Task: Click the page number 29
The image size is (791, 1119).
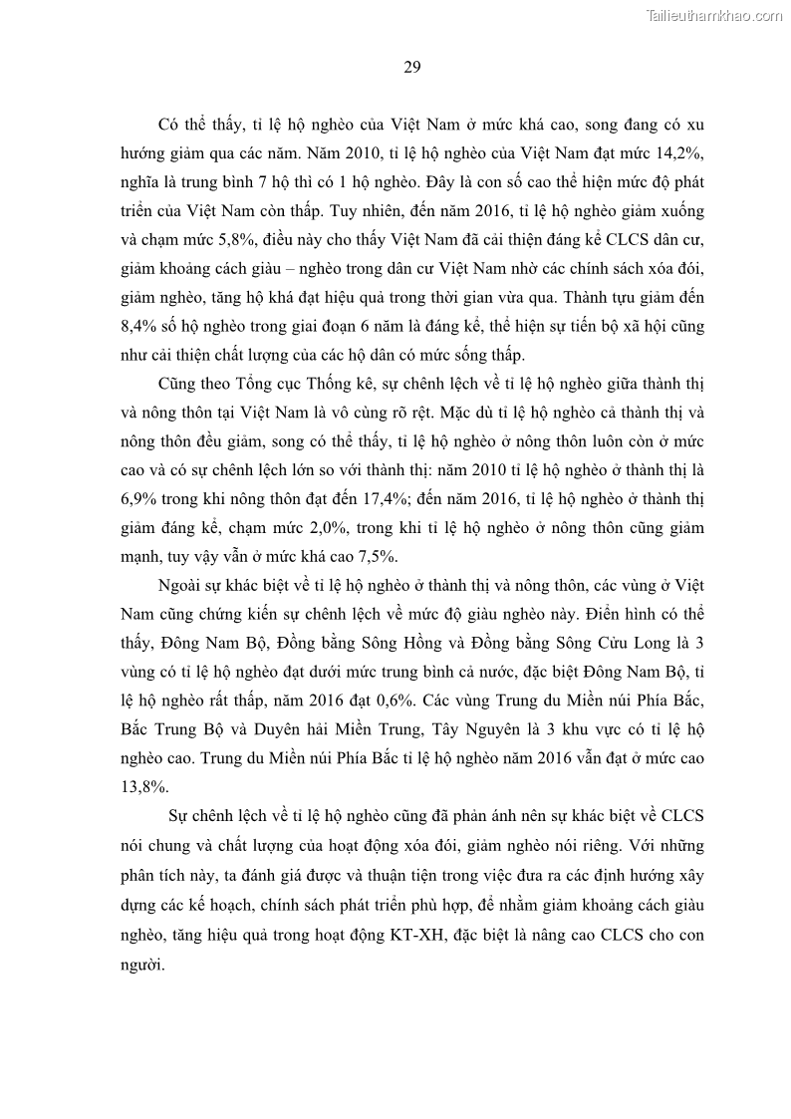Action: point(411,68)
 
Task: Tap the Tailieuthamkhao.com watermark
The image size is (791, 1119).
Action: point(714,15)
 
